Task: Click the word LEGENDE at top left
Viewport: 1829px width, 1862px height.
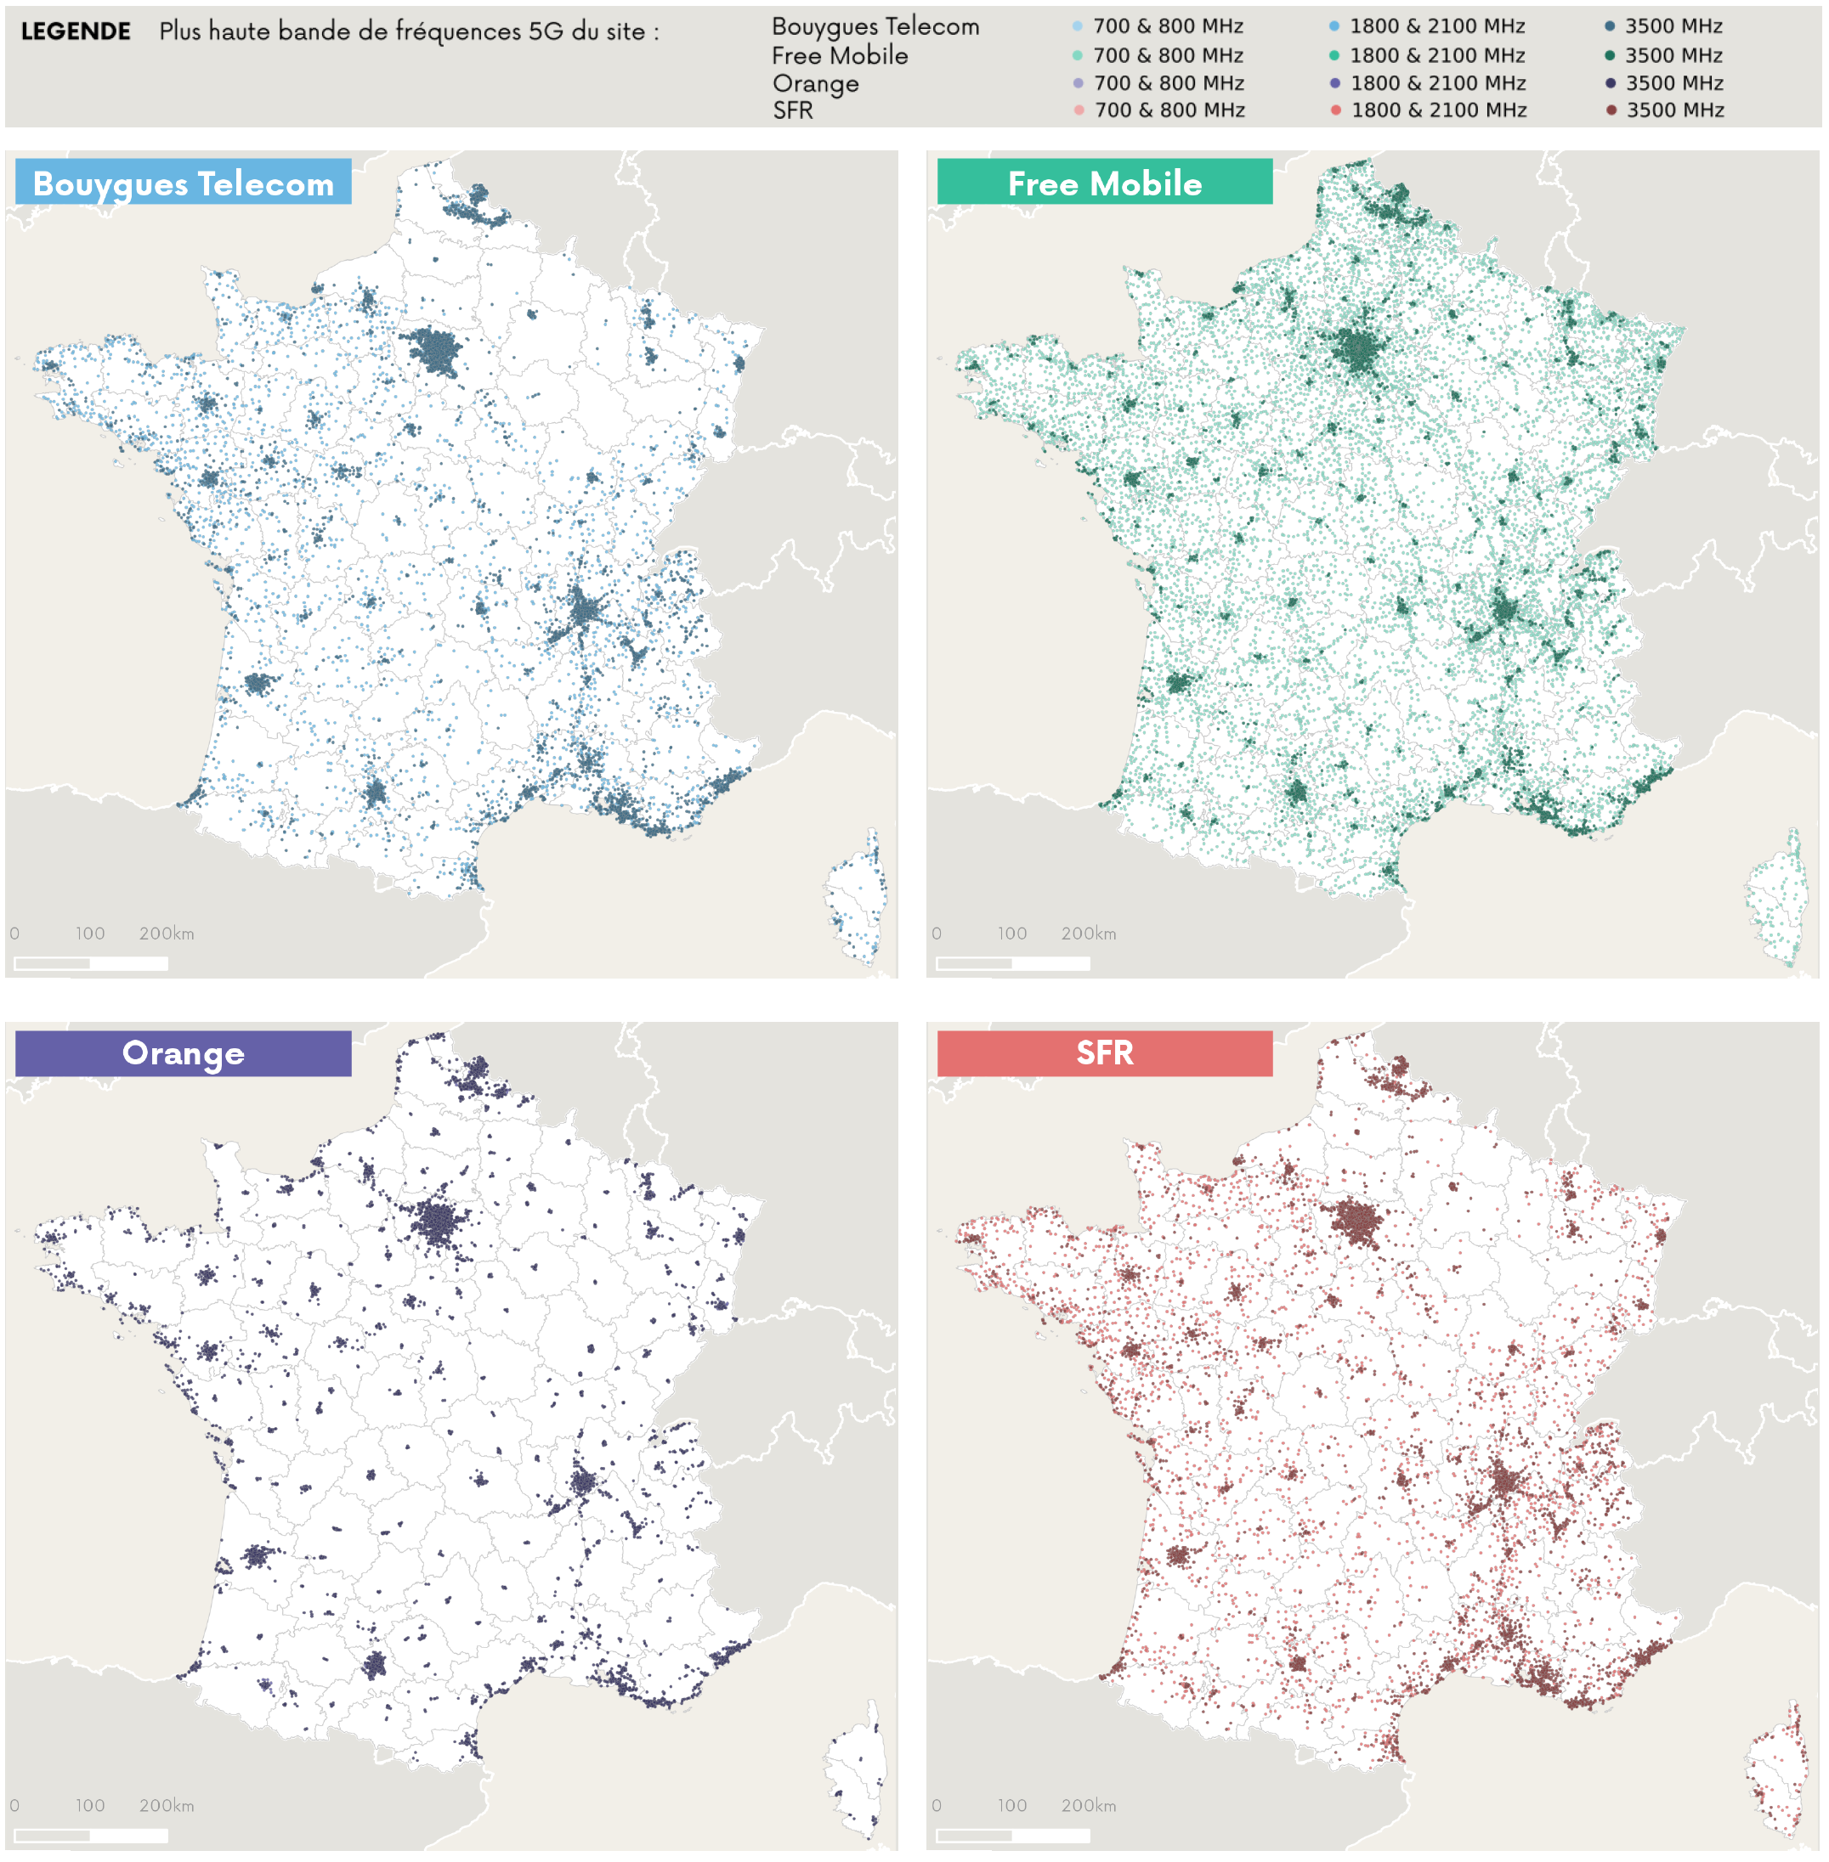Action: point(76,31)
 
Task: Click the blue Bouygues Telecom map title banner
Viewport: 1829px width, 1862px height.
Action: point(184,183)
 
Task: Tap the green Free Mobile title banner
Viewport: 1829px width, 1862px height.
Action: point(1104,183)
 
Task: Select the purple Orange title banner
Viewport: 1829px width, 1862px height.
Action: point(184,1053)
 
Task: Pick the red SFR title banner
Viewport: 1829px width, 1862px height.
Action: point(1104,1053)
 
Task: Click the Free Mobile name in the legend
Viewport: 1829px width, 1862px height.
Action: point(840,56)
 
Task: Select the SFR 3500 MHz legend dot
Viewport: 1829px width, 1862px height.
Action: point(1611,110)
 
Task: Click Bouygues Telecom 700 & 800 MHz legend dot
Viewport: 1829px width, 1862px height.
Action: point(1078,26)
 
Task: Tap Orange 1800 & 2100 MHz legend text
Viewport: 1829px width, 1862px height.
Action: point(1438,83)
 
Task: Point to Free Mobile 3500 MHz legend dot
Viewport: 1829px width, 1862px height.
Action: point(1610,56)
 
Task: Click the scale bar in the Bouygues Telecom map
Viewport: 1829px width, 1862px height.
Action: point(91,963)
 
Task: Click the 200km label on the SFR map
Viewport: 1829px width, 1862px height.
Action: point(1089,1805)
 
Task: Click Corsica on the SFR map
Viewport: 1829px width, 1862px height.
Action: point(1777,1772)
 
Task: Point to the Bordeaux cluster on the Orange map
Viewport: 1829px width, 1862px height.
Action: point(256,1554)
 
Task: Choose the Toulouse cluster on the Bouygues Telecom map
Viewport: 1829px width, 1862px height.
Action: point(375,793)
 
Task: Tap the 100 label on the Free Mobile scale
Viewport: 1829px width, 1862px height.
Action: point(1011,934)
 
